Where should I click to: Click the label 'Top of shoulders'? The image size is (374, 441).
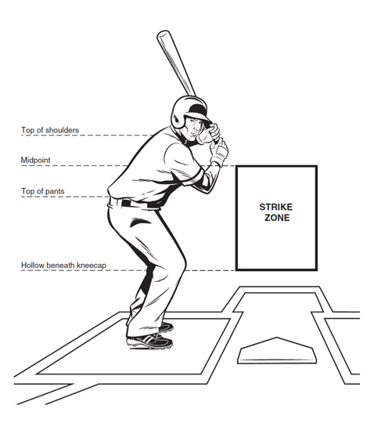pyautogui.click(x=50, y=130)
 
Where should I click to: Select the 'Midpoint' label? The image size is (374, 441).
pyautogui.click(x=36, y=161)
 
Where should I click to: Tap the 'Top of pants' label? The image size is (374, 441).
pyautogui.click(x=43, y=191)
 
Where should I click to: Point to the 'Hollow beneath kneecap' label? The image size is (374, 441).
pyautogui.click(x=64, y=266)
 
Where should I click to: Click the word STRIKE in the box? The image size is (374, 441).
pyautogui.click(x=276, y=208)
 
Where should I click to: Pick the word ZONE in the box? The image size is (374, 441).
pyautogui.click(x=277, y=218)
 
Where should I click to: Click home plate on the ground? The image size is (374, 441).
pyautogui.click(x=277, y=350)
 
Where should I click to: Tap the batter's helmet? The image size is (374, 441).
pyautogui.click(x=189, y=111)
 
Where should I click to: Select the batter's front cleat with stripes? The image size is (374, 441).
pyautogui.click(x=149, y=342)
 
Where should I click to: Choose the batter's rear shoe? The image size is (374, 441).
pyautogui.click(x=166, y=327)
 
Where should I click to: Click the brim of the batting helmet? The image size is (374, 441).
pyautogui.click(x=203, y=117)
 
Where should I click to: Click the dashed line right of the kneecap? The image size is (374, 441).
pyautogui.click(x=210, y=270)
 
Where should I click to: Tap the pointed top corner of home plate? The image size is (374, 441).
pyautogui.click(x=277, y=338)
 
